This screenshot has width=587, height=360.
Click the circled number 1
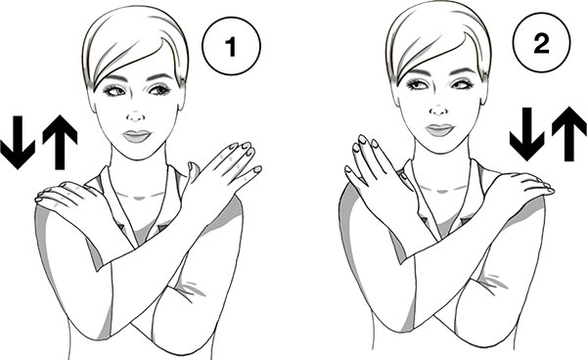click(x=231, y=46)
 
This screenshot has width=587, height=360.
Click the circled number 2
click(x=542, y=44)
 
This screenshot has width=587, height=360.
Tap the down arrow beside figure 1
click(x=18, y=142)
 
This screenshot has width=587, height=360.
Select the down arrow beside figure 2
click(x=526, y=134)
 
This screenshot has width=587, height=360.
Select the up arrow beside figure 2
click(x=569, y=134)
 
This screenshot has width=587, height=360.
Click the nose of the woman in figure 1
click(x=136, y=116)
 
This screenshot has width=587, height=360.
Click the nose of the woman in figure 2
click(x=438, y=111)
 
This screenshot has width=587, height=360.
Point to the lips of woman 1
click(x=137, y=136)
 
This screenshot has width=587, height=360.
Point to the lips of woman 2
click(x=439, y=130)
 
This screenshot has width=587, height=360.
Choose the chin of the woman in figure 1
click(x=137, y=154)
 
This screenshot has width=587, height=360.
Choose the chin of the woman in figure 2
click(x=439, y=148)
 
